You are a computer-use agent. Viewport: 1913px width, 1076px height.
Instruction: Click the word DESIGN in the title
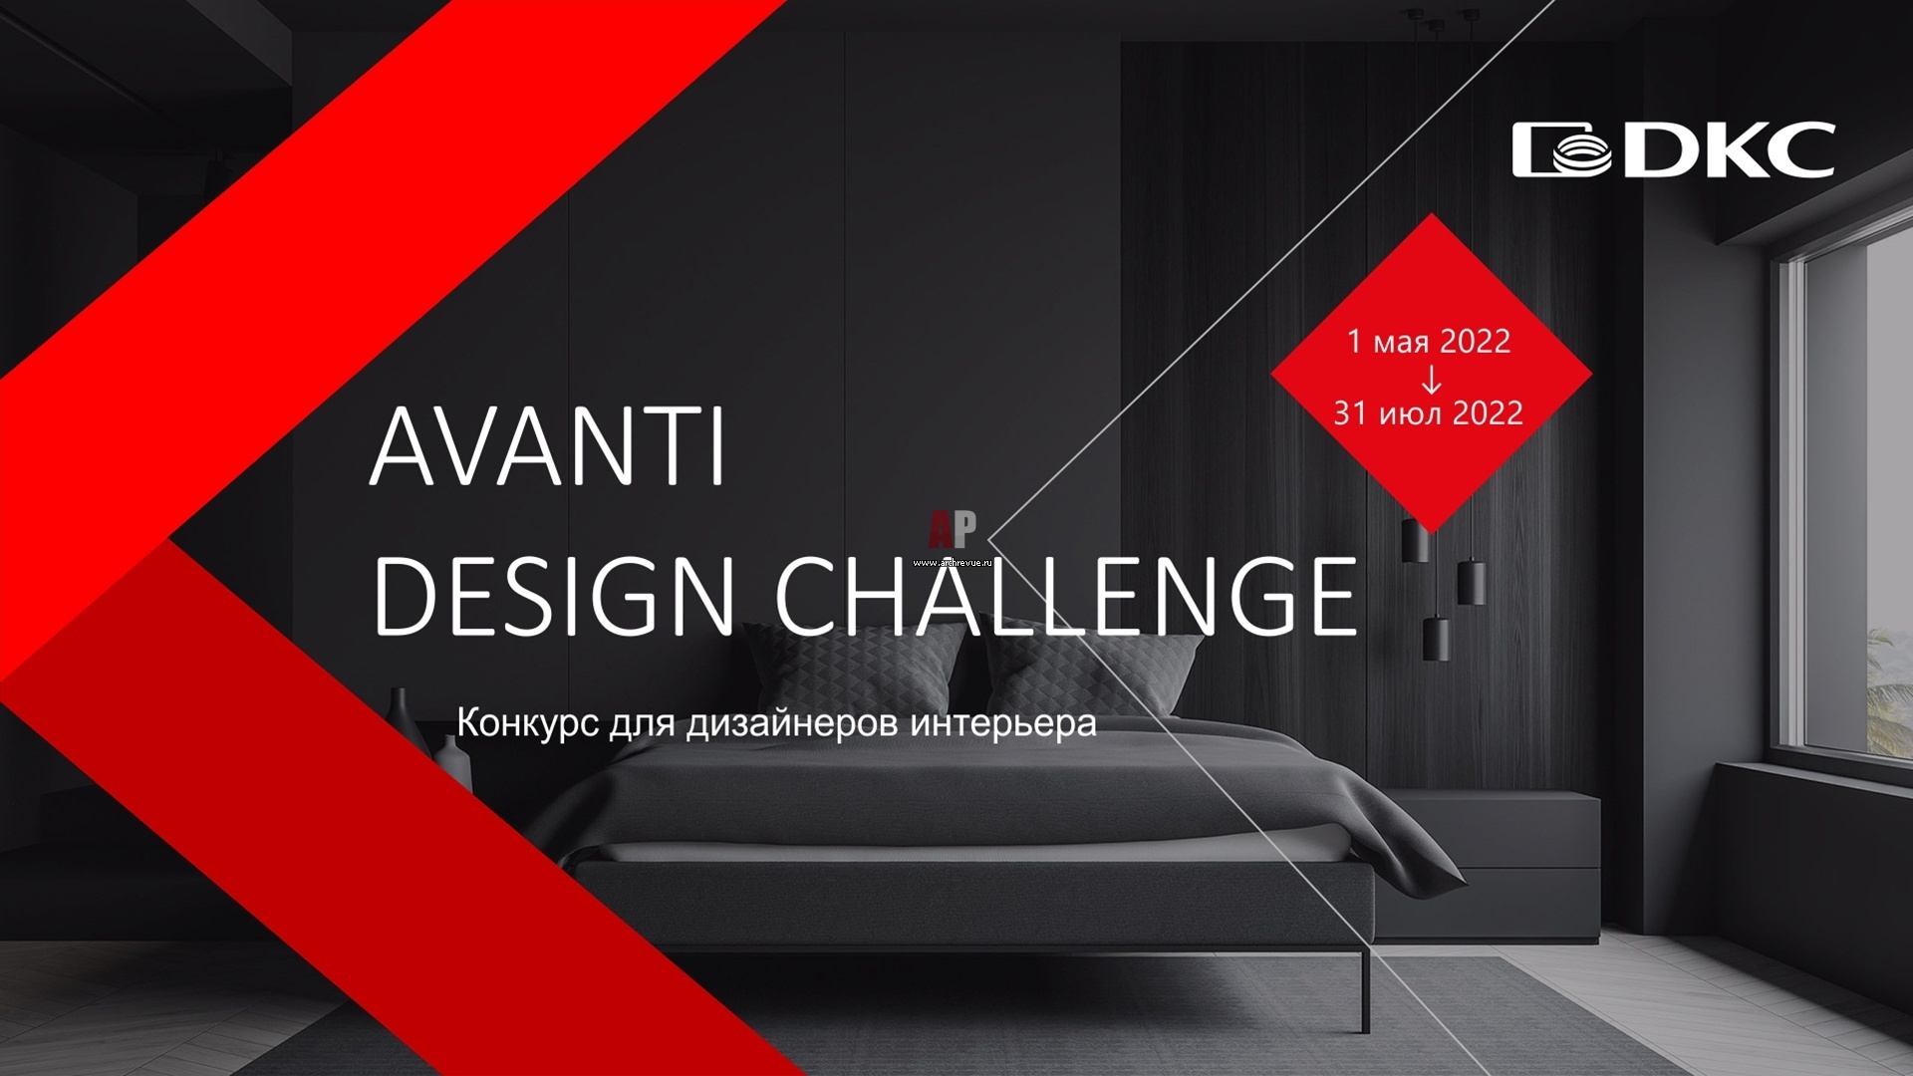click(554, 596)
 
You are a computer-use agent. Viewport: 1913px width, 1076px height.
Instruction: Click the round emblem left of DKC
click(1561, 150)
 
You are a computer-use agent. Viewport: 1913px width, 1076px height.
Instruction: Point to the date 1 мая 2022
click(1429, 342)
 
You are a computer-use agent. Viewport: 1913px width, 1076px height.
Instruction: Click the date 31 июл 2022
click(1429, 412)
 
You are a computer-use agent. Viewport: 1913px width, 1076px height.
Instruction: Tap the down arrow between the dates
click(1431, 379)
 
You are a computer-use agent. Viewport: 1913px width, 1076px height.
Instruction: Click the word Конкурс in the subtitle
click(527, 722)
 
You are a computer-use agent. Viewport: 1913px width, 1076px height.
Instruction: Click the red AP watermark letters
click(953, 530)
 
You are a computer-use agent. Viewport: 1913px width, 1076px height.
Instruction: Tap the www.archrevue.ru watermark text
click(953, 562)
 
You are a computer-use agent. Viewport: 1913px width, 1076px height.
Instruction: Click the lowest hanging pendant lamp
click(1436, 639)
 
